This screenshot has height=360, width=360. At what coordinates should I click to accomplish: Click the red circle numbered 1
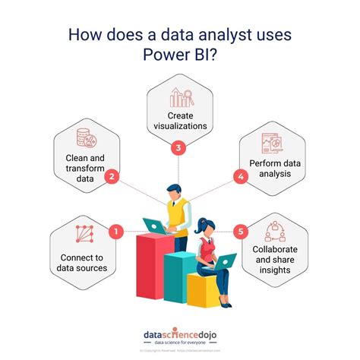click(x=115, y=231)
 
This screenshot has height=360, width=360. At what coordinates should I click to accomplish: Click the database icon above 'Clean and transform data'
click(x=85, y=140)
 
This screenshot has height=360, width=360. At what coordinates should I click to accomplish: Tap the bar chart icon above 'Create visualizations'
click(x=180, y=96)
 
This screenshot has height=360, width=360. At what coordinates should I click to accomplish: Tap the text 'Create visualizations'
click(x=180, y=120)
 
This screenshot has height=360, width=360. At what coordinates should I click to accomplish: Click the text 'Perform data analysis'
click(x=276, y=169)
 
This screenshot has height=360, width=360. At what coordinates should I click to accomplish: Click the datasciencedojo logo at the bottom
click(x=180, y=335)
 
